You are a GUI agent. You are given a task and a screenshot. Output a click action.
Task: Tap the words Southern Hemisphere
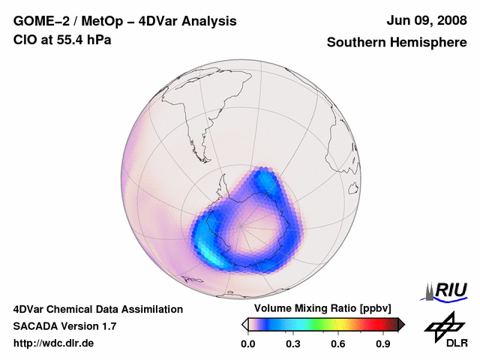coord(396,43)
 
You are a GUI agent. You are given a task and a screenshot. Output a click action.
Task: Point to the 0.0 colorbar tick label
coord(247,344)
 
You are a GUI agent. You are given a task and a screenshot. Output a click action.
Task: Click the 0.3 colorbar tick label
coord(292,344)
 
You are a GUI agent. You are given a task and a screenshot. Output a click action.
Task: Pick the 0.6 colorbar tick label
coord(337,344)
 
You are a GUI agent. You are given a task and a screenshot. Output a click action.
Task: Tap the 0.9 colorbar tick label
coord(383,344)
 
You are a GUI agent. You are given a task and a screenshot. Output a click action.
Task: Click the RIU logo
coord(448,289)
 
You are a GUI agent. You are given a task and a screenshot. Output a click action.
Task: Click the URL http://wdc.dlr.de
coord(54,343)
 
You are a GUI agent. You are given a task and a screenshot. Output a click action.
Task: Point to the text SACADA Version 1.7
coord(64,326)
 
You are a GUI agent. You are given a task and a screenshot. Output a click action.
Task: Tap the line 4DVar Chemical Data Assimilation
coord(97,309)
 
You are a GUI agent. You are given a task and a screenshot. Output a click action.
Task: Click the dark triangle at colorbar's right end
coord(400,324)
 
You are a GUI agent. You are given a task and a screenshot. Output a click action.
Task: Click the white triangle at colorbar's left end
coord(244,324)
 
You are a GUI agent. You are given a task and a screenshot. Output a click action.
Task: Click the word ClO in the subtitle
coord(25,40)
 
